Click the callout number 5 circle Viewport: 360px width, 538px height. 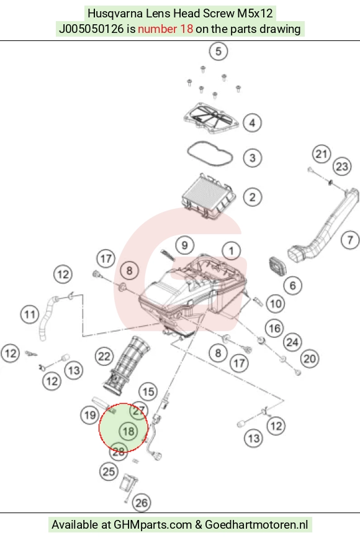[x=218, y=52]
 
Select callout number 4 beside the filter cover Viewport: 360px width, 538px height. [x=253, y=123]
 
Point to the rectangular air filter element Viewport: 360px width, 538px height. [x=208, y=196]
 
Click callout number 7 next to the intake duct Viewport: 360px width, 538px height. [x=350, y=240]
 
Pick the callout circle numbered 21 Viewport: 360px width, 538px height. [x=322, y=154]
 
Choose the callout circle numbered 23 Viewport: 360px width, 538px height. [x=342, y=166]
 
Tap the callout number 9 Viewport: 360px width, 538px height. [x=185, y=245]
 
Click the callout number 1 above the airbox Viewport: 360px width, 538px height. [x=232, y=251]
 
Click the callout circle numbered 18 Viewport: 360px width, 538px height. [x=128, y=431]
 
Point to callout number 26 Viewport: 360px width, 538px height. [x=142, y=503]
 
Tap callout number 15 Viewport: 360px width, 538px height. [x=148, y=392]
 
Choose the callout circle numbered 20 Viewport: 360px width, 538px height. [x=310, y=359]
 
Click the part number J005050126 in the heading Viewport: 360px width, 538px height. [x=91, y=29]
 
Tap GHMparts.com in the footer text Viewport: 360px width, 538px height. [x=153, y=525]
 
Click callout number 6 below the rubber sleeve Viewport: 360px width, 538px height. [x=292, y=286]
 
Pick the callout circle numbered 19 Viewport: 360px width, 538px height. [x=90, y=415]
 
